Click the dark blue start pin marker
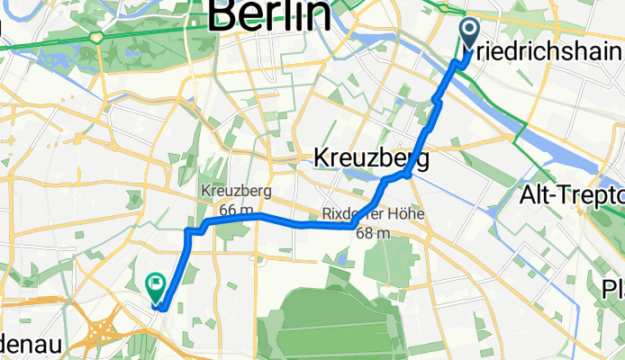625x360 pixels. point(470,34)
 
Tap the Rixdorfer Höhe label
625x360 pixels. point(370,216)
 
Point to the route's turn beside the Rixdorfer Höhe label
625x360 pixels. point(350,225)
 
